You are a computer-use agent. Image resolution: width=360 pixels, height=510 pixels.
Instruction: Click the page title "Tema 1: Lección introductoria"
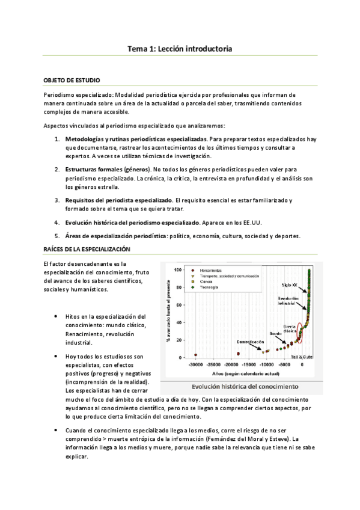coord(180,48)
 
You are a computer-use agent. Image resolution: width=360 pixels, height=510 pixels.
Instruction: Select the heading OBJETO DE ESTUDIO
coord(72,80)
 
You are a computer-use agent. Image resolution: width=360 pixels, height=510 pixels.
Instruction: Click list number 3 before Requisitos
coord(57,200)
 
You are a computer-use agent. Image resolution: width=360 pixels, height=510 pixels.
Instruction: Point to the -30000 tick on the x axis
coord(195,364)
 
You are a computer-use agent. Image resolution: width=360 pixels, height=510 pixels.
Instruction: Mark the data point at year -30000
coord(196,355)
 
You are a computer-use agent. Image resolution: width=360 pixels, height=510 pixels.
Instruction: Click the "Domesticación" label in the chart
coord(249,342)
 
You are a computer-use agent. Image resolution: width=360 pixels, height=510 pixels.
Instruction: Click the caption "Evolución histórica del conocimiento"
coord(247,386)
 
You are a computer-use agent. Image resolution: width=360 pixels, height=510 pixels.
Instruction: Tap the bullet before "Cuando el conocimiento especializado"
coord(56,431)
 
